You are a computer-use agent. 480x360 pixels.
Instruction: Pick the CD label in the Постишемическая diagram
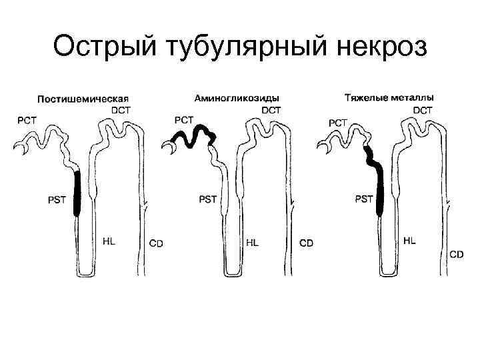coord(155,243)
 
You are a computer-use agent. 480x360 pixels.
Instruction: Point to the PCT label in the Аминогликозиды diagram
coord(183,120)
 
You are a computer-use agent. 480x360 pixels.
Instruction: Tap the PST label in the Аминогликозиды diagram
coord(208,199)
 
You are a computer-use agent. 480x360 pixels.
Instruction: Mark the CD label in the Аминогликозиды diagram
coord(306,243)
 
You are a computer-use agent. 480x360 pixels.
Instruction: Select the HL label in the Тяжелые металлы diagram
coord(409,240)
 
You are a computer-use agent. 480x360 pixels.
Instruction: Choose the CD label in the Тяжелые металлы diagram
coord(457,254)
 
